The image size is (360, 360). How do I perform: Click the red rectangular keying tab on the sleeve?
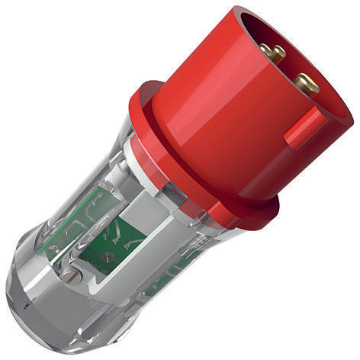304,128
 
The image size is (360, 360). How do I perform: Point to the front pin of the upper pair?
275,54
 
